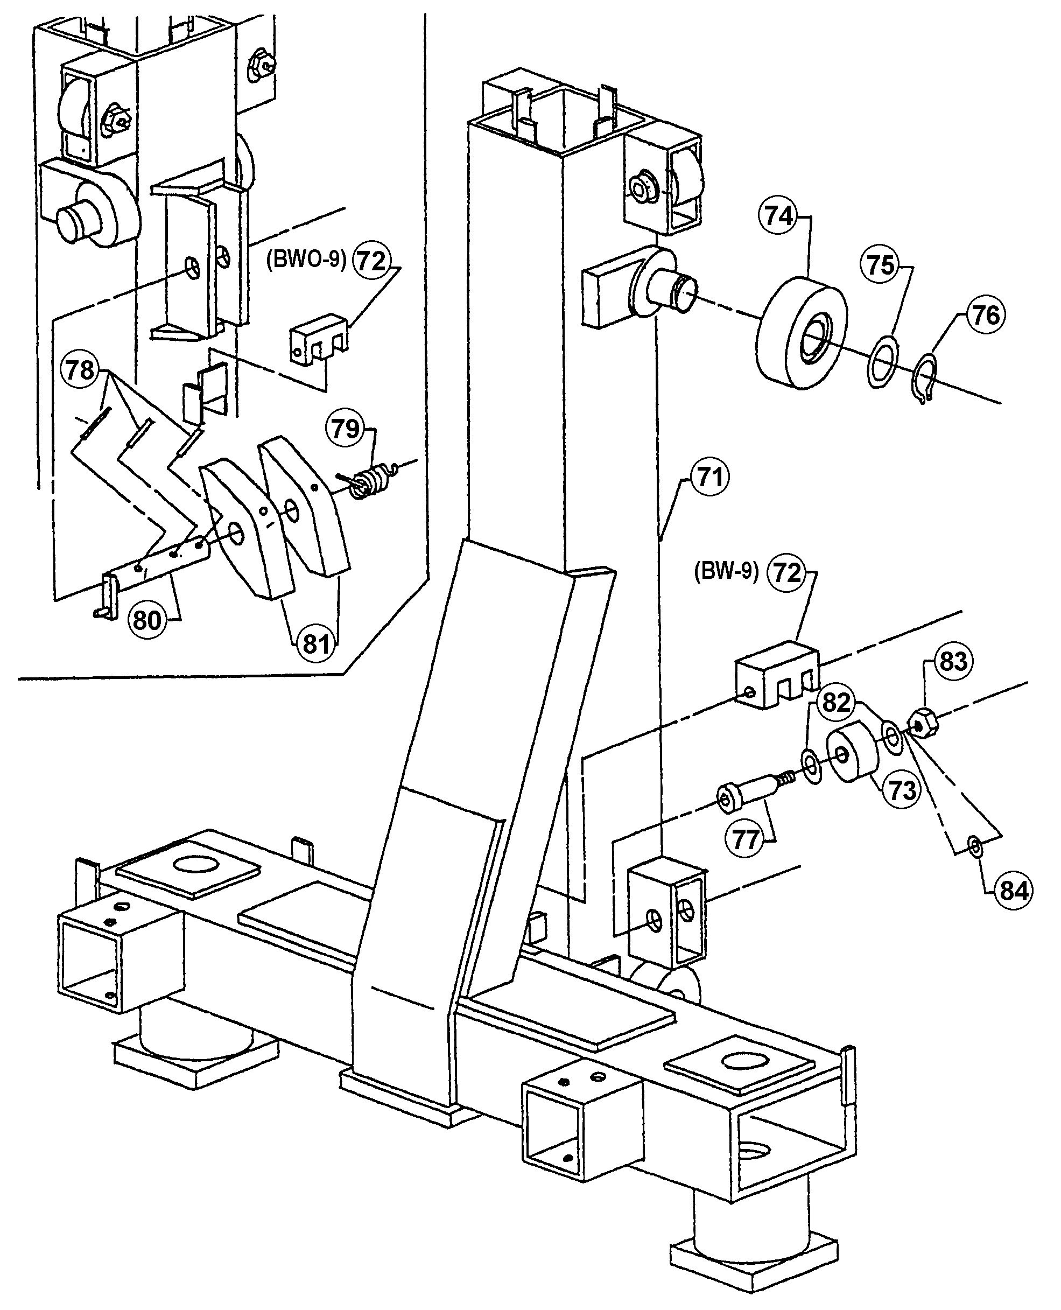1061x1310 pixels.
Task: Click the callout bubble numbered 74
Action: [778, 216]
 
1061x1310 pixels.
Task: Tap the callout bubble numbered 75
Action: [880, 265]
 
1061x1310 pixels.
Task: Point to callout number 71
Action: [709, 477]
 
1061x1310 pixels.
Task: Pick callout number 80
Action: [146, 620]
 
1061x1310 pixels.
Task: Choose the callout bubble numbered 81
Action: [316, 643]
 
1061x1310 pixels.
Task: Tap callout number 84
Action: [1013, 891]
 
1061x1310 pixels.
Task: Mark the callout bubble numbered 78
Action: [81, 370]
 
